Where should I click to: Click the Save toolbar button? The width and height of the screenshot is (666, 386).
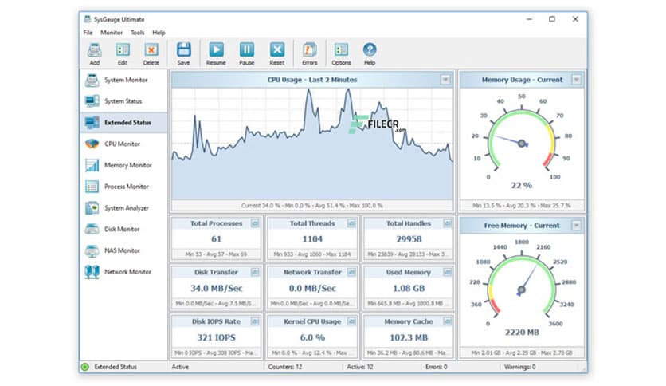pos(183,53)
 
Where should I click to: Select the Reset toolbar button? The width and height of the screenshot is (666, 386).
pos(276,53)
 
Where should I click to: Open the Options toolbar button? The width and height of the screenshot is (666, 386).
pos(341,53)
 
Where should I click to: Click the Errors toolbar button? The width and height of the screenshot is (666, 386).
pos(310,53)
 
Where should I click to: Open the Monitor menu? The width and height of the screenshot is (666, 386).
pos(112,33)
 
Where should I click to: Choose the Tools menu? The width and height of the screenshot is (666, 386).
pos(138,33)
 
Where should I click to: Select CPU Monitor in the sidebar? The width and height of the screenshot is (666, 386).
pos(122,144)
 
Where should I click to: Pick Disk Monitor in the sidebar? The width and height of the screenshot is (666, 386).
pos(122,229)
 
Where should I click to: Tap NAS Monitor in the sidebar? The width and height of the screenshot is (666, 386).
pos(122,250)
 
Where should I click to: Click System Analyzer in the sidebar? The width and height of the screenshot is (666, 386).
pos(126,208)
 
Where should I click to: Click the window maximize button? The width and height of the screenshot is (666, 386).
pos(551,18)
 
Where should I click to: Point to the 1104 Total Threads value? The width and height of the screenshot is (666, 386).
pos(312,238)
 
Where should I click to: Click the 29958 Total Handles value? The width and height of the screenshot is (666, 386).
pos(408,238)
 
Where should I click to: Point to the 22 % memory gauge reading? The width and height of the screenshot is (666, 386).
pos(521,185)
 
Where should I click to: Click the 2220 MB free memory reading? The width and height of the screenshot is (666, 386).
pos(521,332)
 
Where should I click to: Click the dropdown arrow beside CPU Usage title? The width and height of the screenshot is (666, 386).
pos(445,80)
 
